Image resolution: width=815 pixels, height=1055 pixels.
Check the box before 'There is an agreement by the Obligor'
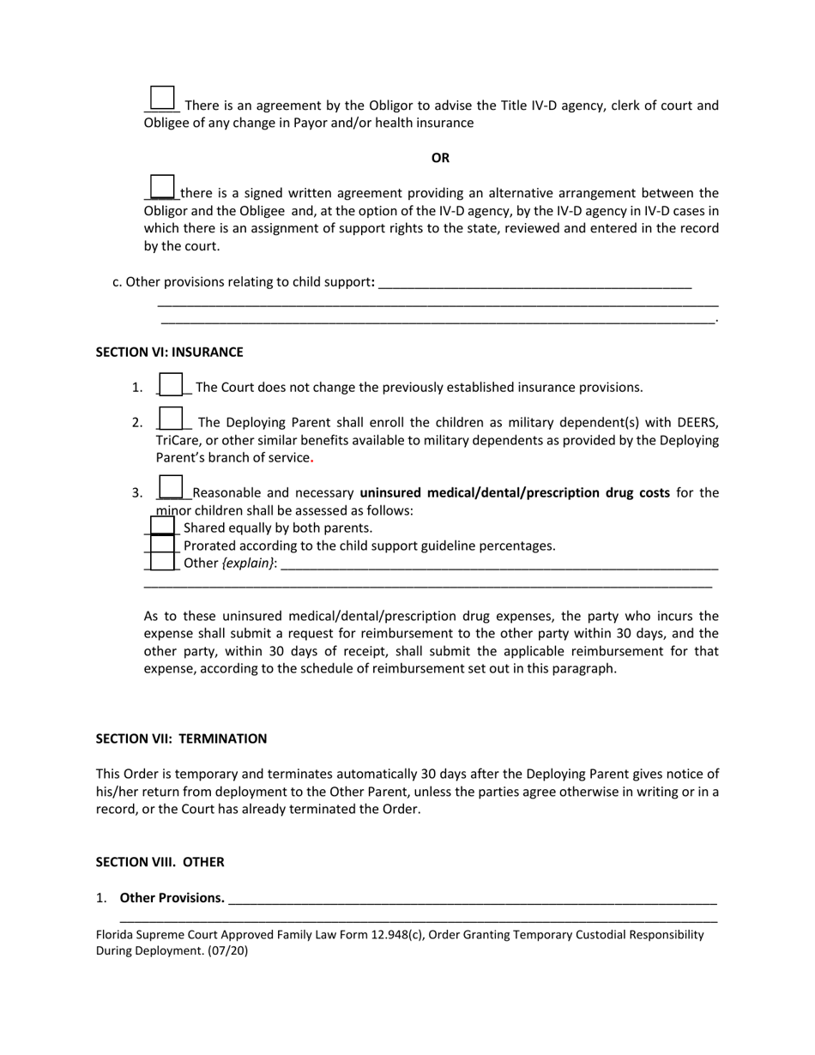click(x=162, y=99)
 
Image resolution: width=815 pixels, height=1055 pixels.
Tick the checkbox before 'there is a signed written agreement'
click(x=162, y=186)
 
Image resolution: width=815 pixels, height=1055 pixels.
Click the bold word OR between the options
click(x=440, y=158)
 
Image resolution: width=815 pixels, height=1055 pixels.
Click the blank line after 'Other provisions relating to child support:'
click(x=534, y=283)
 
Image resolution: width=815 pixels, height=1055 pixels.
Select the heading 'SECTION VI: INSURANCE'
click(x=169, y=352)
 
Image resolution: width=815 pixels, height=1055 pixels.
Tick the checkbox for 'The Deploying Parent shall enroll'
click(x=172, y=419)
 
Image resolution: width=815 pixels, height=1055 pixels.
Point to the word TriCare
click(x=178, y=440)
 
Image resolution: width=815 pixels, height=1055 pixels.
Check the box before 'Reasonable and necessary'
click(x=172, y=487)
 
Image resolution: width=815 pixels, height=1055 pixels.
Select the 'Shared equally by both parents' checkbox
click(x=162, y=527)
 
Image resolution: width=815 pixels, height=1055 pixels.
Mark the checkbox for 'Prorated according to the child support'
click(x=162, y=545)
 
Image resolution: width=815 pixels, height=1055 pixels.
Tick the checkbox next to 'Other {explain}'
click(x=162, y=562)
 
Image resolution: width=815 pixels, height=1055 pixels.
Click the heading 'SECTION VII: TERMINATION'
click(x=181, y=738)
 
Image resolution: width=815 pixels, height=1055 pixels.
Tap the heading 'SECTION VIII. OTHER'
click(x=160, y=862)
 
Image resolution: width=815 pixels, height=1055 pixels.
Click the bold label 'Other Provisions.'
click(x=172, y=898)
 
